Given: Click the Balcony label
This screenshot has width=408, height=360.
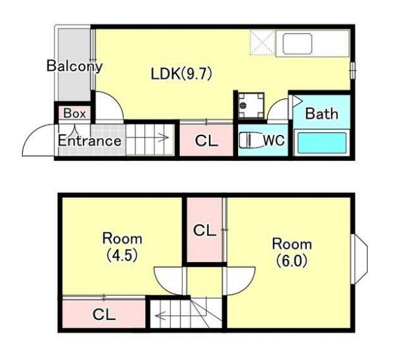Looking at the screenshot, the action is click(75, 66).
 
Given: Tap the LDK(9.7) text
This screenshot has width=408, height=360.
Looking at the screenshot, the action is click(182, 74).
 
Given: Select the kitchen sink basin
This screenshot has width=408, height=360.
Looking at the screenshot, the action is click(298, 43).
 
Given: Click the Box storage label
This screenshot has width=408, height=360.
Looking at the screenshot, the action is click(75, 114).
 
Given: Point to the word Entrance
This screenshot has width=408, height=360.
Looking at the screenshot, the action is click(90, 141).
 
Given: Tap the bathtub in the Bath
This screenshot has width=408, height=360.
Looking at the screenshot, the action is click(322, 143).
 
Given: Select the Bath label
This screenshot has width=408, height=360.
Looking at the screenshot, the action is click(322, 114).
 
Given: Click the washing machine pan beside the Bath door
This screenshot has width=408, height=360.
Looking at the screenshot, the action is click(251, 105).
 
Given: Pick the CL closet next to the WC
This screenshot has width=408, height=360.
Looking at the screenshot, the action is click(207, 141).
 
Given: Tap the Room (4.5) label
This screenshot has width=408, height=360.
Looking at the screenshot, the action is click(122, 247).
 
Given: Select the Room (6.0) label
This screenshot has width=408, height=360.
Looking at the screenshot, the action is click(292, 252).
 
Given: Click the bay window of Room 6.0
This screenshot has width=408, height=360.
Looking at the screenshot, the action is click(359, 259).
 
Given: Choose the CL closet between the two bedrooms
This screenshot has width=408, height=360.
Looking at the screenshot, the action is click(204, 230).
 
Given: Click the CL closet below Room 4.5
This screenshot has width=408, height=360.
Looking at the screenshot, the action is click(104, 314).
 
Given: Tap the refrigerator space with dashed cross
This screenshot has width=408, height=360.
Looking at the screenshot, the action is click(263, 42).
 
